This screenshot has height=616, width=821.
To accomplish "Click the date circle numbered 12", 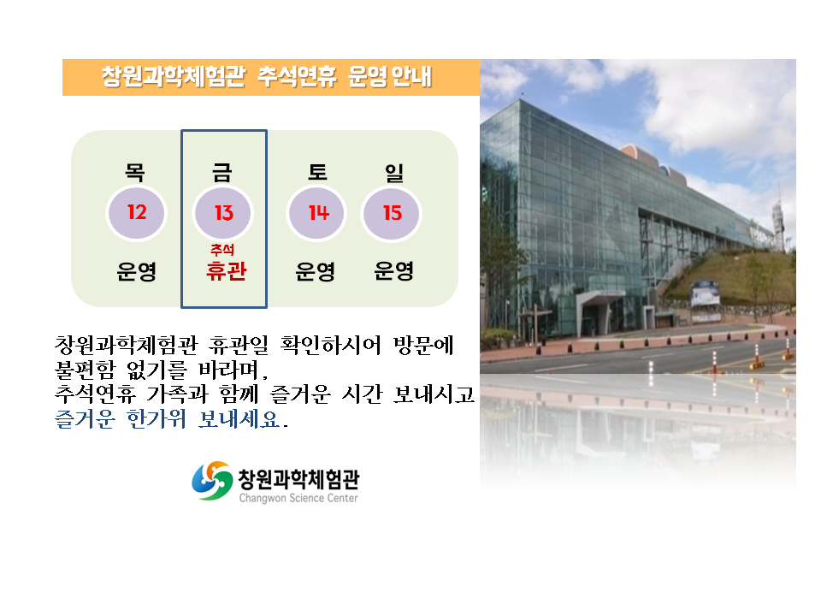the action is [x=136, y=213].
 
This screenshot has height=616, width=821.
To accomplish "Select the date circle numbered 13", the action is [x=223, y=213].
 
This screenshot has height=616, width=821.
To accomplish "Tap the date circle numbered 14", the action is [x=316, y=213].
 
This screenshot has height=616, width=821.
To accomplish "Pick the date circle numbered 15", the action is [x=392, y=213].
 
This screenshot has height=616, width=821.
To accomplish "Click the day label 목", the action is [x=134, y=171].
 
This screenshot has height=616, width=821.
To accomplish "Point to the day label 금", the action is [x=222, y=172].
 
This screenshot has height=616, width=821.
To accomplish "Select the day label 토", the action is [x=317, y=171].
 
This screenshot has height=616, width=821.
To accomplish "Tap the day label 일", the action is [x=394, y=172].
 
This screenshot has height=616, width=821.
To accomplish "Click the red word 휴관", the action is [x=226, y=271].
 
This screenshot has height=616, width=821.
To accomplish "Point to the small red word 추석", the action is [x=222, y=249].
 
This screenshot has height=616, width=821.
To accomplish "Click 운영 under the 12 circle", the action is [x=137, y=271].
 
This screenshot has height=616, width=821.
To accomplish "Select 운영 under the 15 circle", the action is [x=393, y=270].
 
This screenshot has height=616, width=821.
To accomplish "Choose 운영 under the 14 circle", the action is [x=316, y=271].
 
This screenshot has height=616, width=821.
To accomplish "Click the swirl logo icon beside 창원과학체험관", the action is [x=212, y=481].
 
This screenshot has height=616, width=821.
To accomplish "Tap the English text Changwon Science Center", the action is [x=298, y=498].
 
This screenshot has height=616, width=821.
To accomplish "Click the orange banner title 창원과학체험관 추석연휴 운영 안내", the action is [x=267, y=76].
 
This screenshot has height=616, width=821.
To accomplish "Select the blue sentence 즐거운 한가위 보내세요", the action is [x=172, y=419].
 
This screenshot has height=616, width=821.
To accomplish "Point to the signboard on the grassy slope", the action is [x=705, y=293].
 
